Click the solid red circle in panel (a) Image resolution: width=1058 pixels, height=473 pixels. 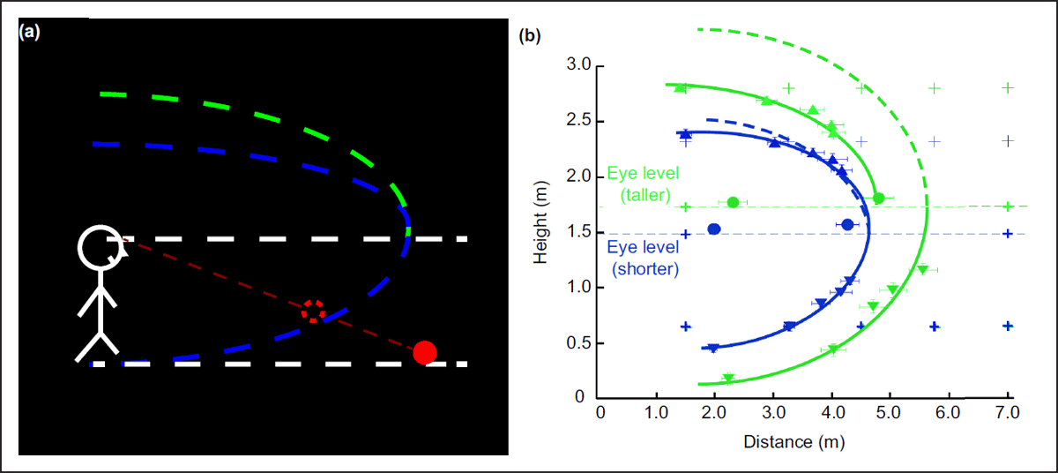pyautogui.click(x=425, y=352)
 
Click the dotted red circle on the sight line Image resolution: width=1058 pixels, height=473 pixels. pyautogui.click(x=314, y=311)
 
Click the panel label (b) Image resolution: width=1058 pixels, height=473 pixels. pyautogui.click(x=530, y=36)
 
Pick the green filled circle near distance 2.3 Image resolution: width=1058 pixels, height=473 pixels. pyautogui.click(x=733, y=202)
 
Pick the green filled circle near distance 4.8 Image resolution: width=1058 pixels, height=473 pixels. pyautogui.click(x=878, y=198)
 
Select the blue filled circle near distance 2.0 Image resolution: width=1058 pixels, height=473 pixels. pyautogui.click(x=714, y=229)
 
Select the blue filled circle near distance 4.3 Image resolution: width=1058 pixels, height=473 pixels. pyautogui.click(x=847, y=225)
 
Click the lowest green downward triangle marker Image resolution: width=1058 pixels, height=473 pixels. pyautogui.click(x=728, y=379)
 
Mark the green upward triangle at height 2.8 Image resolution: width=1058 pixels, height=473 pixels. pyautogui.click(x=680, y=87)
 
